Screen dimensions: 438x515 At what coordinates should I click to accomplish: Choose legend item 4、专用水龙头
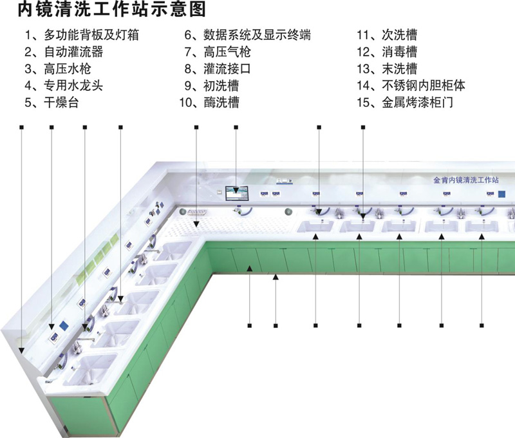point(64,85)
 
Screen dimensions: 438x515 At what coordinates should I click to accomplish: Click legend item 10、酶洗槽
point(209,102)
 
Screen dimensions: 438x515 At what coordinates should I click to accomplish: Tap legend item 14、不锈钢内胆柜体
point(413,85)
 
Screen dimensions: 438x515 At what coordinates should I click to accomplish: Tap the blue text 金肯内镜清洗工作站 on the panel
point(465,180)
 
